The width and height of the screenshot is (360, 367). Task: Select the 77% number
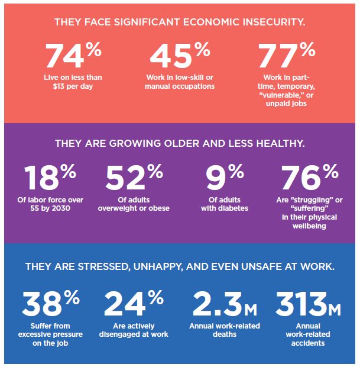coord(287,56)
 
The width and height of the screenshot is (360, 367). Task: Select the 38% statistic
coord(50,303)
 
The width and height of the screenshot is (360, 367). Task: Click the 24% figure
coord(134,303)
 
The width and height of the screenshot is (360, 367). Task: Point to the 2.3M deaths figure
coord(224,303)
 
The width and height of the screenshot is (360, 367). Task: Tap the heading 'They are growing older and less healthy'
coord(180,144)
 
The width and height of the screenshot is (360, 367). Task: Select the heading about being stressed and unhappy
coord(180,267)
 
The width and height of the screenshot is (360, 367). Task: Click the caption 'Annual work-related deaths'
coord(224,330)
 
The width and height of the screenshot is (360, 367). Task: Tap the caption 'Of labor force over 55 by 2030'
coord(50,204)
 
